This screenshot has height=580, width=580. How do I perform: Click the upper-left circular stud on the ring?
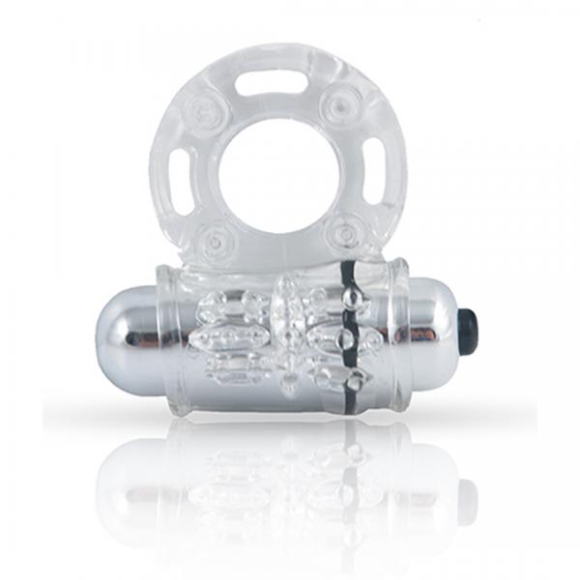[x=207, y=106]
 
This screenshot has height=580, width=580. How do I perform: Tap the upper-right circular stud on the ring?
[x=341, y=103]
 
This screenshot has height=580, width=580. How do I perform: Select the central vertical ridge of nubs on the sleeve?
[x=288, y=333]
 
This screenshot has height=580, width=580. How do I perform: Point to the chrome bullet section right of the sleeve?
[x=425, y=329]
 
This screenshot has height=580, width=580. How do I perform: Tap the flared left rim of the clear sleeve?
[x=174, y=333]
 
